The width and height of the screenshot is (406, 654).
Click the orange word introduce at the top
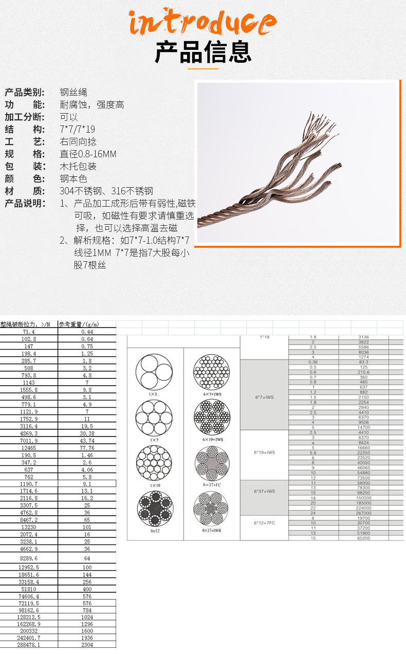click(x=202, y=22)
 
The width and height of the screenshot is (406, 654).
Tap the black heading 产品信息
click(x=203, y=51)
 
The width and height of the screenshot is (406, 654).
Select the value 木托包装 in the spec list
click(x=78, y=167)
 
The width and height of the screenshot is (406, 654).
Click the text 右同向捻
click(x=78, y=142)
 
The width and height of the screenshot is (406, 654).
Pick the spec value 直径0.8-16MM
click(x=88, y=154)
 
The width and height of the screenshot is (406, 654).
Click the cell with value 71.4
click(x=29, y=332)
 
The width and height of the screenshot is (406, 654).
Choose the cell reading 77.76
click(x=87, y=448)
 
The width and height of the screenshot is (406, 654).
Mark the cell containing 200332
click(x=29, y=630)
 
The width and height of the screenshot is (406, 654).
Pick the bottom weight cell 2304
click(x=87, y=644)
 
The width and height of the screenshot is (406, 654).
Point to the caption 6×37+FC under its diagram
click(x=212, y=485)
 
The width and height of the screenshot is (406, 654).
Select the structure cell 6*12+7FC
click(x=264, y=522)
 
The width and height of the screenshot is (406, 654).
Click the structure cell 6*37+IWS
click(x=264, y=491)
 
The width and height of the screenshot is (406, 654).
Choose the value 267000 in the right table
click(x=363, y=513)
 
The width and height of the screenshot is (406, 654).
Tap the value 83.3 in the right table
click(x=363, y=362)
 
